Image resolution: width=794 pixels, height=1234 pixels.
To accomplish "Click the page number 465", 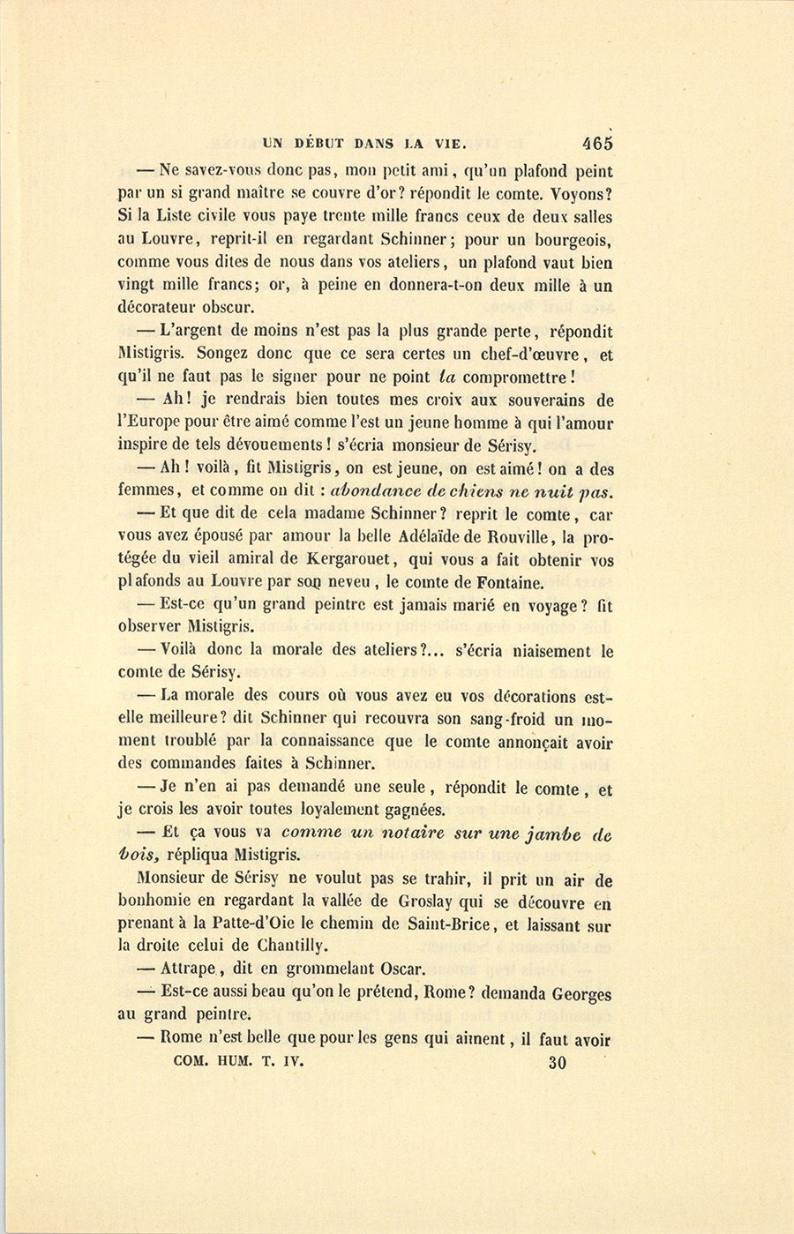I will (596, 143).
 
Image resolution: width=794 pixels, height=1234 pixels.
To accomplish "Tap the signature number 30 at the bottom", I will (557, 1063).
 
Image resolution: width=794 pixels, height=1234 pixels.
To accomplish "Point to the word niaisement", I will (536, 651).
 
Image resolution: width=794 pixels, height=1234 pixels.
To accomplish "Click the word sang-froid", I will (492, 719).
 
